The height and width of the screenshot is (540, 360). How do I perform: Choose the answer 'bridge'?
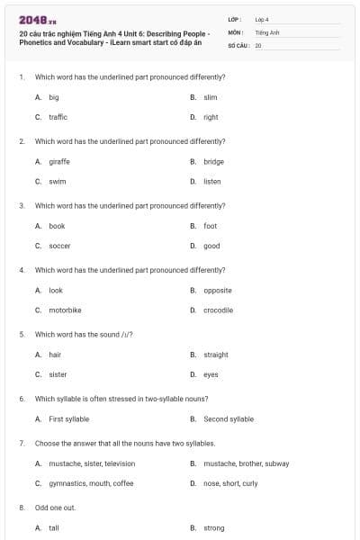[213, 162]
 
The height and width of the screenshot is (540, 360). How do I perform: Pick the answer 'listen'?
[211, 182]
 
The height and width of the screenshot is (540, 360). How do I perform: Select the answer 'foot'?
[210, 226]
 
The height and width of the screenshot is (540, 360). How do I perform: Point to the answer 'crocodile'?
[218, 310]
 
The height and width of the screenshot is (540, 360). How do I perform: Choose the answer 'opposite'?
[218, 290]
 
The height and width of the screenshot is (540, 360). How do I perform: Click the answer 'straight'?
[216, 355]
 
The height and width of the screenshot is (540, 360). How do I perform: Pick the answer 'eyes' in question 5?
[211, 374]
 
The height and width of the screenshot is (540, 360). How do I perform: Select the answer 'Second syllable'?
[229, 418]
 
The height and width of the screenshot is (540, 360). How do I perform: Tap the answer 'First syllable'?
[68, 418]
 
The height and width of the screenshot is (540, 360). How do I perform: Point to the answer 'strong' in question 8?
[214, 528]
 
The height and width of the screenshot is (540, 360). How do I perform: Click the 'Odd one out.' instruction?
[55, 508]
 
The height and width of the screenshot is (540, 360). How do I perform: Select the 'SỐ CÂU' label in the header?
[238, 44]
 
